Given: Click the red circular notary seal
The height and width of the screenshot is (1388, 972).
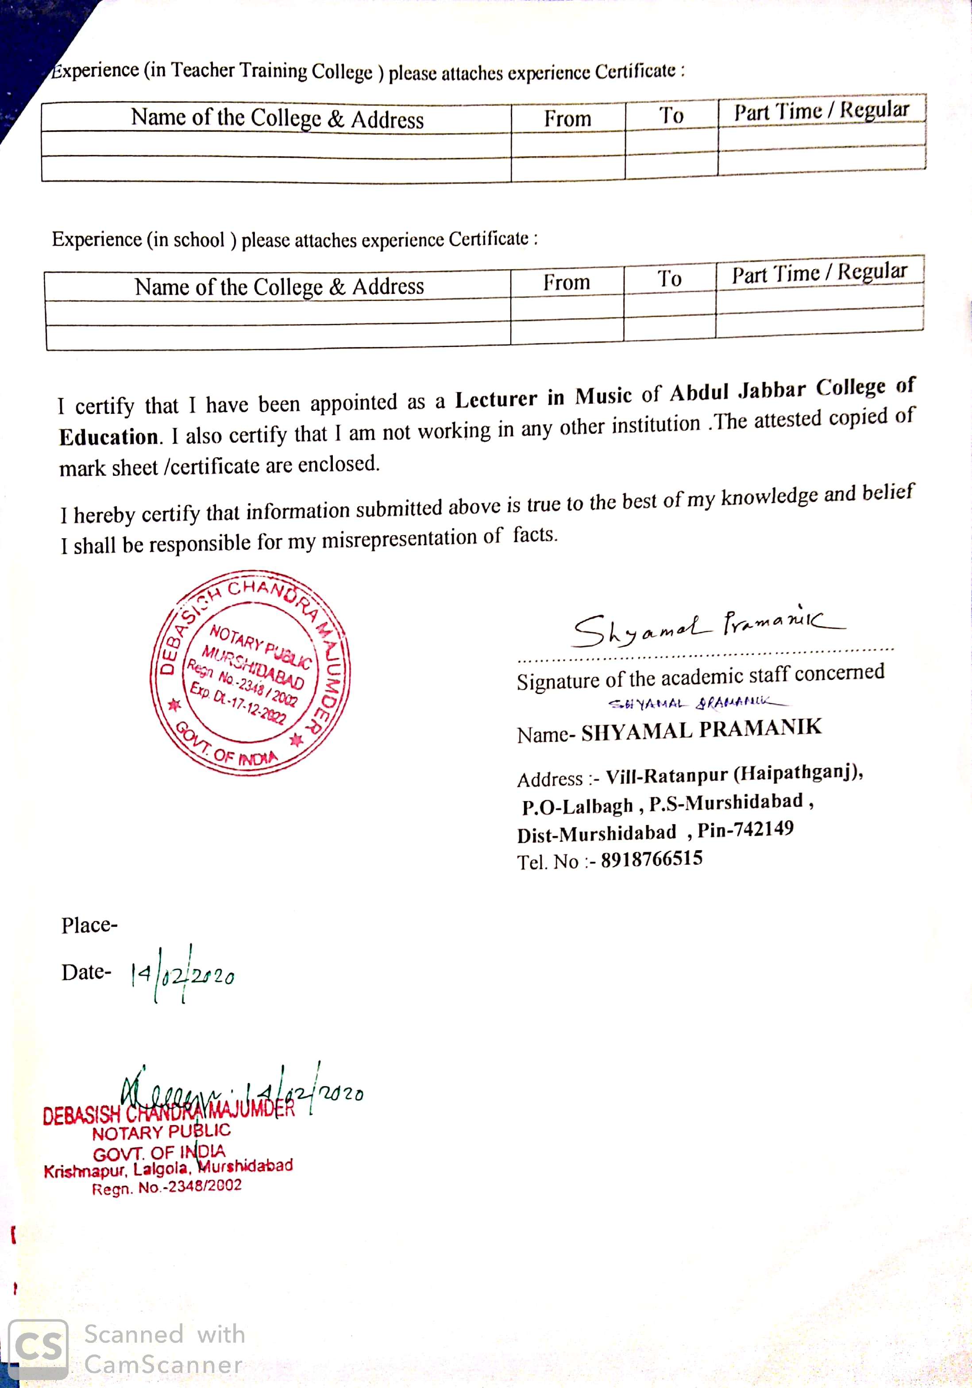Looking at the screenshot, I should coord(250,672).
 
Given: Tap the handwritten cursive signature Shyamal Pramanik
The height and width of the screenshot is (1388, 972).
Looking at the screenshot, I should coord(707,626).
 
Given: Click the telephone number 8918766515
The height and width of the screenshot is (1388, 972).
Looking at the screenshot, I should coord(652,859).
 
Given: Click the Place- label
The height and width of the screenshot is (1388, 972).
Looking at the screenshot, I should coord(89,925).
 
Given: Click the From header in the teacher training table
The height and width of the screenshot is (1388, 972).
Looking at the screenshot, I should coord(567,119).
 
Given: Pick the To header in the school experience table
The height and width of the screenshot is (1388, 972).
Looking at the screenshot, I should coord(669,279).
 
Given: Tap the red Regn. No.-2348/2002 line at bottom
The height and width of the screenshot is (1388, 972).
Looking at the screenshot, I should coord(166,1188).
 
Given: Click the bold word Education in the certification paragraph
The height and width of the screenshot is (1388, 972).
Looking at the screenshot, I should coord(109,436).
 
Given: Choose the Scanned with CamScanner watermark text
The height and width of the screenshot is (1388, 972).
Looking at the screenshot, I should coord(164,1349).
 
